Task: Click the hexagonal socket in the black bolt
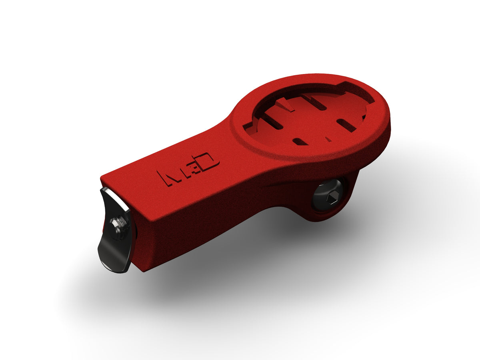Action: pos(329,196)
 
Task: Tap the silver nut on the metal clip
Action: pos(117,224)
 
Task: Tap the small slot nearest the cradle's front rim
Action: pos(300,141)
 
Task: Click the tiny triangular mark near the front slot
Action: pos(328,139)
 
